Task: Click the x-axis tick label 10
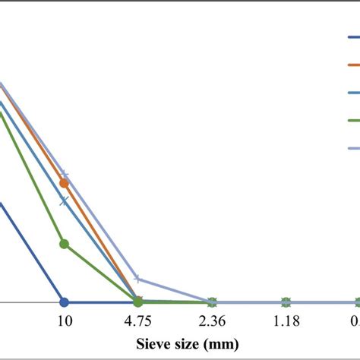64,321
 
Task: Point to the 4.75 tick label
137,321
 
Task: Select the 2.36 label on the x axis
212,321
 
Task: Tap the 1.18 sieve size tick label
286,321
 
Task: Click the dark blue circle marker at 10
64,302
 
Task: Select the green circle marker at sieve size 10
64,244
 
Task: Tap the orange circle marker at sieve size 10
64,183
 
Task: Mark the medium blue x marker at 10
64,201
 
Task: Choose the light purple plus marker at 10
64,175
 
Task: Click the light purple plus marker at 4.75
137,279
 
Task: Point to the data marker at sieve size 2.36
212,302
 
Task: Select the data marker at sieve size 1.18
286,302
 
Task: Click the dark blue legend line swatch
352,37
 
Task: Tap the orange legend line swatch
352,65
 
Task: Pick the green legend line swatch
352,121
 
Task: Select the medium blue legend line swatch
352,93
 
